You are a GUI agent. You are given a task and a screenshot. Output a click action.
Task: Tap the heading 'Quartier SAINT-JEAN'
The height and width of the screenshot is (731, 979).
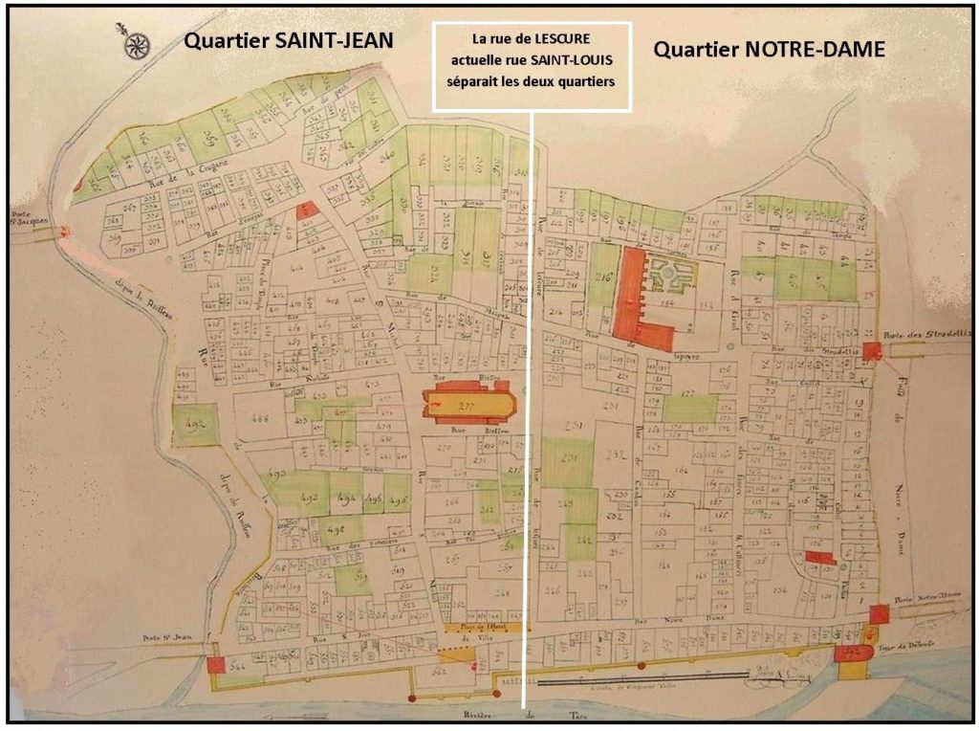click(289, 42)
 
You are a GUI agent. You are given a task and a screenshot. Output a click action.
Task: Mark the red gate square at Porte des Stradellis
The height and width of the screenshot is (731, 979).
click(870, 350)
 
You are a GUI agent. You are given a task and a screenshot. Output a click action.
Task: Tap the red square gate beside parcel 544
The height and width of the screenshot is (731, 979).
click(215, 665)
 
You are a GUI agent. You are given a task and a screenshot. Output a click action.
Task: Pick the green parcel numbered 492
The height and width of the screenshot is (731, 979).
click(195, 423)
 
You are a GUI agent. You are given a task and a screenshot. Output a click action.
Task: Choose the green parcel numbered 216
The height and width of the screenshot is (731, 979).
click(603, 277)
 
